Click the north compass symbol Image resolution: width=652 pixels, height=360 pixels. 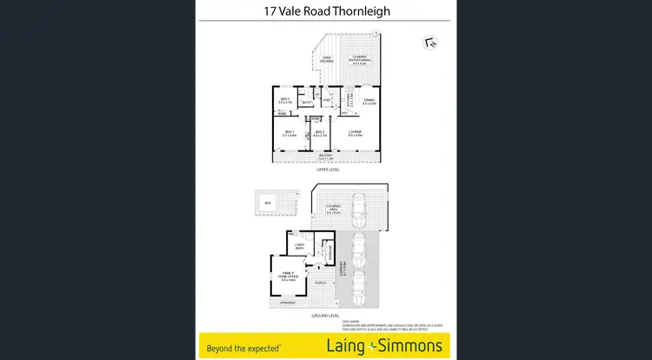429,41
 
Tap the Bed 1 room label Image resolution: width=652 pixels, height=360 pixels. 289,133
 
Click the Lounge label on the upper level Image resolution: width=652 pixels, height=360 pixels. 355,133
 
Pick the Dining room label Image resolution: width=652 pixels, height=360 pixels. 369,101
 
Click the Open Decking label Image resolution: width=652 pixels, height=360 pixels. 327,59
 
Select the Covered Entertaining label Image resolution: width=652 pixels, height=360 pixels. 361,59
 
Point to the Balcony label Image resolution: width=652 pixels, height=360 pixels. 324,157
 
